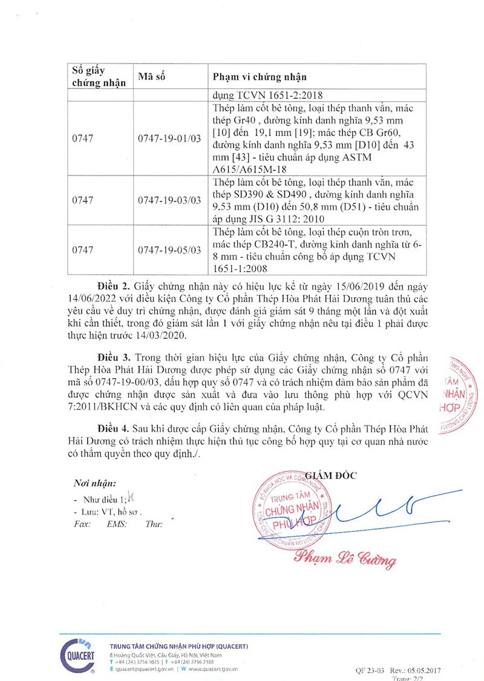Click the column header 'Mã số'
151,77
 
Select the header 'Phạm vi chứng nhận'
260,77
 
